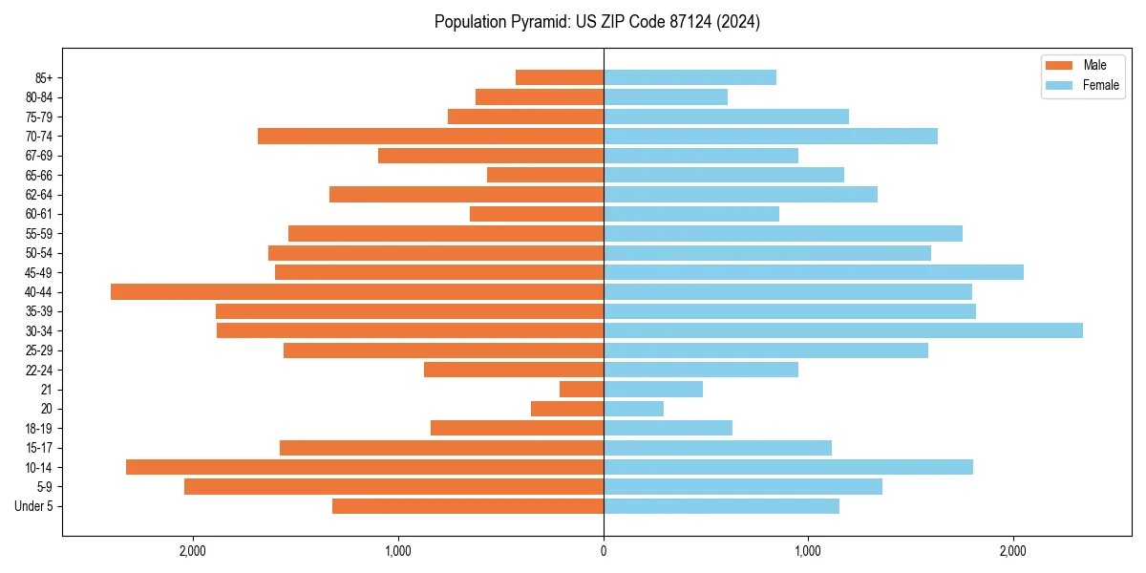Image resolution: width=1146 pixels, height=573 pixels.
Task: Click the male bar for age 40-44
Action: pos(357,291)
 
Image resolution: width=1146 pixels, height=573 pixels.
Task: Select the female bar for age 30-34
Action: pos(843,330)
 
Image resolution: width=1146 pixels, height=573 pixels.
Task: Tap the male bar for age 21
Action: pos(582,389)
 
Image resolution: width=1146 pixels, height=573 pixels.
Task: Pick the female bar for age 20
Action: pos(633,409)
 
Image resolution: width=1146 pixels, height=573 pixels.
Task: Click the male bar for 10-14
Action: pos(365,467)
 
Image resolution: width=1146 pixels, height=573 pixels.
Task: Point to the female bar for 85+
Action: pos(690,77)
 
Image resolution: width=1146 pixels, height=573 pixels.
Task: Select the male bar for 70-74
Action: pos(431,136)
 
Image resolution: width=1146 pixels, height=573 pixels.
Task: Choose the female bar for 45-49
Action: pos(814,272)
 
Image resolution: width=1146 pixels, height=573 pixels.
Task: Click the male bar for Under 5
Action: pos(468,506)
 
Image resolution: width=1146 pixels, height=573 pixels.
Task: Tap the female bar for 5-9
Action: pos(743,486)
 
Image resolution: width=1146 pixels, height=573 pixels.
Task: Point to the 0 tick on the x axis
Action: pos(604,551)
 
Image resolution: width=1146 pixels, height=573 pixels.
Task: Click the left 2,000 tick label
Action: pos(193,551)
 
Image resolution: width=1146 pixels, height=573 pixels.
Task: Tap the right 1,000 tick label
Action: pos(808,551)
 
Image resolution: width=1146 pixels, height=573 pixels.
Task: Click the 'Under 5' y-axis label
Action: pos(33,506)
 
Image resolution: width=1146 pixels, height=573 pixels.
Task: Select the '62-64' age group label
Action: pos(39,195)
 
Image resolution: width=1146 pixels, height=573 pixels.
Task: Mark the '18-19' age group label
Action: pos(39,428)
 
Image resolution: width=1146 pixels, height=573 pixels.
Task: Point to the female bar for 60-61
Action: pos(691,214)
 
